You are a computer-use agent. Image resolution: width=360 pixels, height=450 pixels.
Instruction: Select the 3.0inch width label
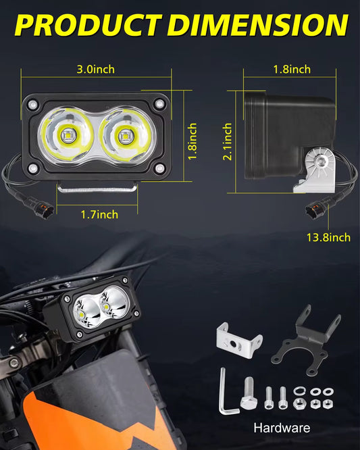[x=96, y=70]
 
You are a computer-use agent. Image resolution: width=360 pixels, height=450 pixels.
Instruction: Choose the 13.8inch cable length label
[x=328, y=236]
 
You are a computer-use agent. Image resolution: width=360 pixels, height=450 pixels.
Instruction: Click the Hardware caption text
[x=282, y=428]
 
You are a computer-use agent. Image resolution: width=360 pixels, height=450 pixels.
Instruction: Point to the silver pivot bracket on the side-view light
[x=317, y=166]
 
